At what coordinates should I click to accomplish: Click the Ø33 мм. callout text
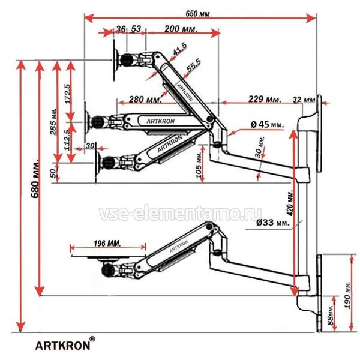pos(272,223)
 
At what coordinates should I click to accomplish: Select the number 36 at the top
pos(121,29)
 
